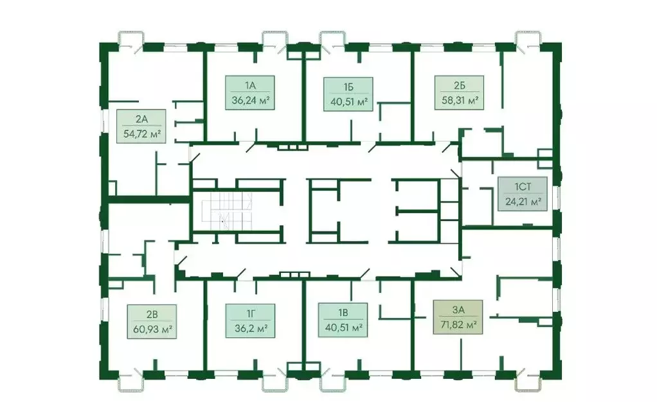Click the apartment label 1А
coord(250,85)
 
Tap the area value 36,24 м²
coord(250,100)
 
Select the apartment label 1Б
coord(348,86)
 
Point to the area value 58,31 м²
coord(458,100)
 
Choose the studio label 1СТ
coord(522,187)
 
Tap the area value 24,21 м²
coord(522,201)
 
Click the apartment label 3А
coord(458,310)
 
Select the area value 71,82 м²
coord(458,325)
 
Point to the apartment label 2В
coord(152,313)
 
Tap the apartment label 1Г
coord(250,313)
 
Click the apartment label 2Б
coord(458,85)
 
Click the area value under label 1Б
coord(348,101)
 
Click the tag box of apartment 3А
coord(458,317)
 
